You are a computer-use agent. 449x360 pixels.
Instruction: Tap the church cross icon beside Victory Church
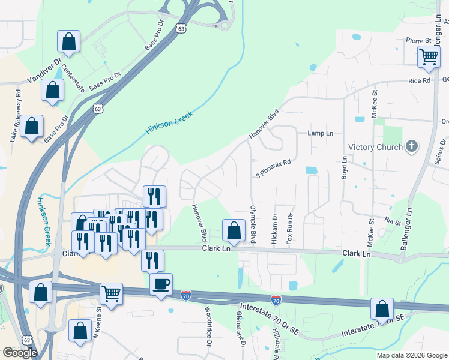point(411,146)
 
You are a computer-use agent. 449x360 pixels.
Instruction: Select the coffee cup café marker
point(161,284)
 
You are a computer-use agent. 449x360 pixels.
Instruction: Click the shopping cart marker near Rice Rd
point(429,57)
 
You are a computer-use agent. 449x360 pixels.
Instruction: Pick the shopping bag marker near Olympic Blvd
point(234,231)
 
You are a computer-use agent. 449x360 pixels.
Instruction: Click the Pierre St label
point(419,40)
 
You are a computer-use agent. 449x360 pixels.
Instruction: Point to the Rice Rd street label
point(420,80)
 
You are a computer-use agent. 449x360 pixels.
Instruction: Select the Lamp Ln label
point(320,133)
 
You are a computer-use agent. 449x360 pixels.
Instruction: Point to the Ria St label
point(393,222)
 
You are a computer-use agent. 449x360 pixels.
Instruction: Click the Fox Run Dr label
point(289,228)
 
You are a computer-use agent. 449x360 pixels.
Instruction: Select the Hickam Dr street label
point(274,229)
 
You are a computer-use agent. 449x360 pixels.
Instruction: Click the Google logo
point(20,353)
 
